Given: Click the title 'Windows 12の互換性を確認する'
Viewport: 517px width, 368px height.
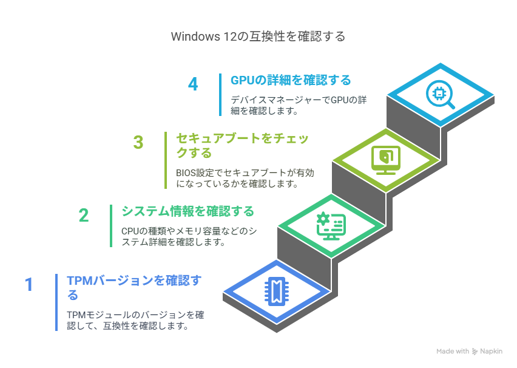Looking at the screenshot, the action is [x=258, y=36].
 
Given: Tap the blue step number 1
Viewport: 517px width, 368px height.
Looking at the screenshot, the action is [x=29, y=284].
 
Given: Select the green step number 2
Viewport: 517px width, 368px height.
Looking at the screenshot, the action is [x=84, y=216].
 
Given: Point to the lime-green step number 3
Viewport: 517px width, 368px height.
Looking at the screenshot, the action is [x=138, y=143].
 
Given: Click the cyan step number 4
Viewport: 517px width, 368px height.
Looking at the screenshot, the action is [x=193, y=84].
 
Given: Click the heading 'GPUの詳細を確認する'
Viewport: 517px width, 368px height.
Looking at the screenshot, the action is [x=291, y=80].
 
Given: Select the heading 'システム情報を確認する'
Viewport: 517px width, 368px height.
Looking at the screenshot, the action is [x=188, y=211].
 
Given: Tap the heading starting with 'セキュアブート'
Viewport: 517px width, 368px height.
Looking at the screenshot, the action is [x=242, y=146].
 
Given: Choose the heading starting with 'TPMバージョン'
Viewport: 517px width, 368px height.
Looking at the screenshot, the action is [x=134, y=287].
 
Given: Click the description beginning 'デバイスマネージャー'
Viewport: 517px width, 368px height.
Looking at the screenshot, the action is [x=299, y=105].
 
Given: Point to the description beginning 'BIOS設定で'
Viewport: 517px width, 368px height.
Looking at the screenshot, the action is [x=245, y=178].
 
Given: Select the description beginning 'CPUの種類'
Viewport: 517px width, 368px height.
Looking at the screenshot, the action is [x=189, y=236].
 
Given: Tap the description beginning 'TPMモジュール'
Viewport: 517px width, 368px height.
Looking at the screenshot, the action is [x=135, y=320].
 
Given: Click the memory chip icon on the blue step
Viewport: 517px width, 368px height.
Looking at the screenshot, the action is [x=277, y=291].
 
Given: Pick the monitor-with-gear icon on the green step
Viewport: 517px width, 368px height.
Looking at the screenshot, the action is [x=331, y=226].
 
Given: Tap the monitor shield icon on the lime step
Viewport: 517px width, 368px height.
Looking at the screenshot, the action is [x=386, y=160].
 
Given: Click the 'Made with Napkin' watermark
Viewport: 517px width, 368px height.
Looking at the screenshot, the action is [x=469, y=352].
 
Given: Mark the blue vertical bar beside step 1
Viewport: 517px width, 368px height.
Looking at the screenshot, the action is [x=56, y=302].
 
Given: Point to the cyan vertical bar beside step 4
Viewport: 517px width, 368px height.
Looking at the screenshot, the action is [x=220, y=95].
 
